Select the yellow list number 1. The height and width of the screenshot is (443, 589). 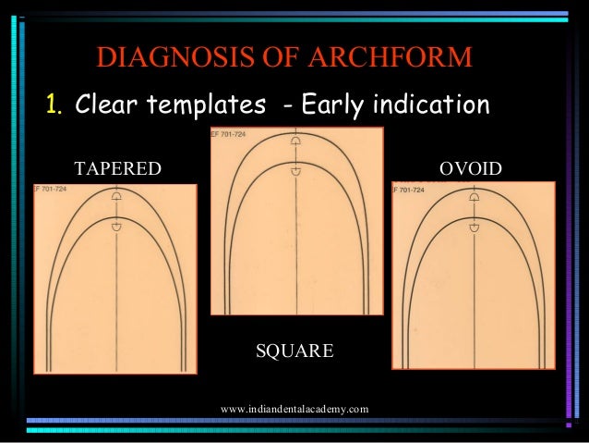point(54,105)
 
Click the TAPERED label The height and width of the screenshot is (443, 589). point(117,168)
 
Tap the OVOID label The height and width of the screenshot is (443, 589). point(471,168)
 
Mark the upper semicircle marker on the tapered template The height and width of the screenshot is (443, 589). point(116,197)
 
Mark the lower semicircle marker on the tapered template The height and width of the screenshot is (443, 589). point(116,227)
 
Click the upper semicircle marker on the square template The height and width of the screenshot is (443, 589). point(295,141)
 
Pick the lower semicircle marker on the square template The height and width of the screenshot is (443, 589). point(295,171)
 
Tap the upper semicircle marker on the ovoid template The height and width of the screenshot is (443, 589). point(474,196)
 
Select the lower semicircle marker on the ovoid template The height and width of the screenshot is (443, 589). point(474,227)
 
